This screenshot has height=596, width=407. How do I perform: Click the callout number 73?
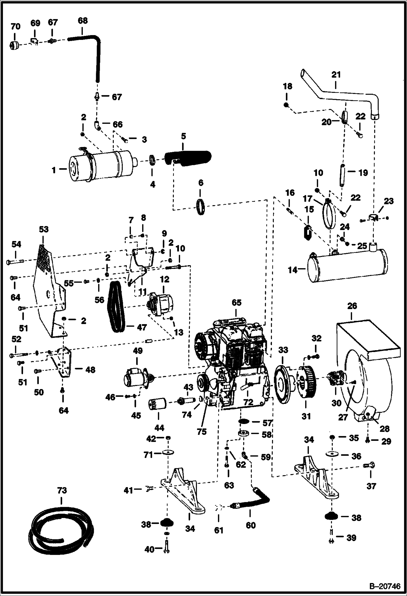[62, 490]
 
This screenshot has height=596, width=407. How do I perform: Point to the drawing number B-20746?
[385, 587]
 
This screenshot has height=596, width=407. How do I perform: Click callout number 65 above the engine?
[236, 303]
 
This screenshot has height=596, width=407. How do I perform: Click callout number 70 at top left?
[15, 26]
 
